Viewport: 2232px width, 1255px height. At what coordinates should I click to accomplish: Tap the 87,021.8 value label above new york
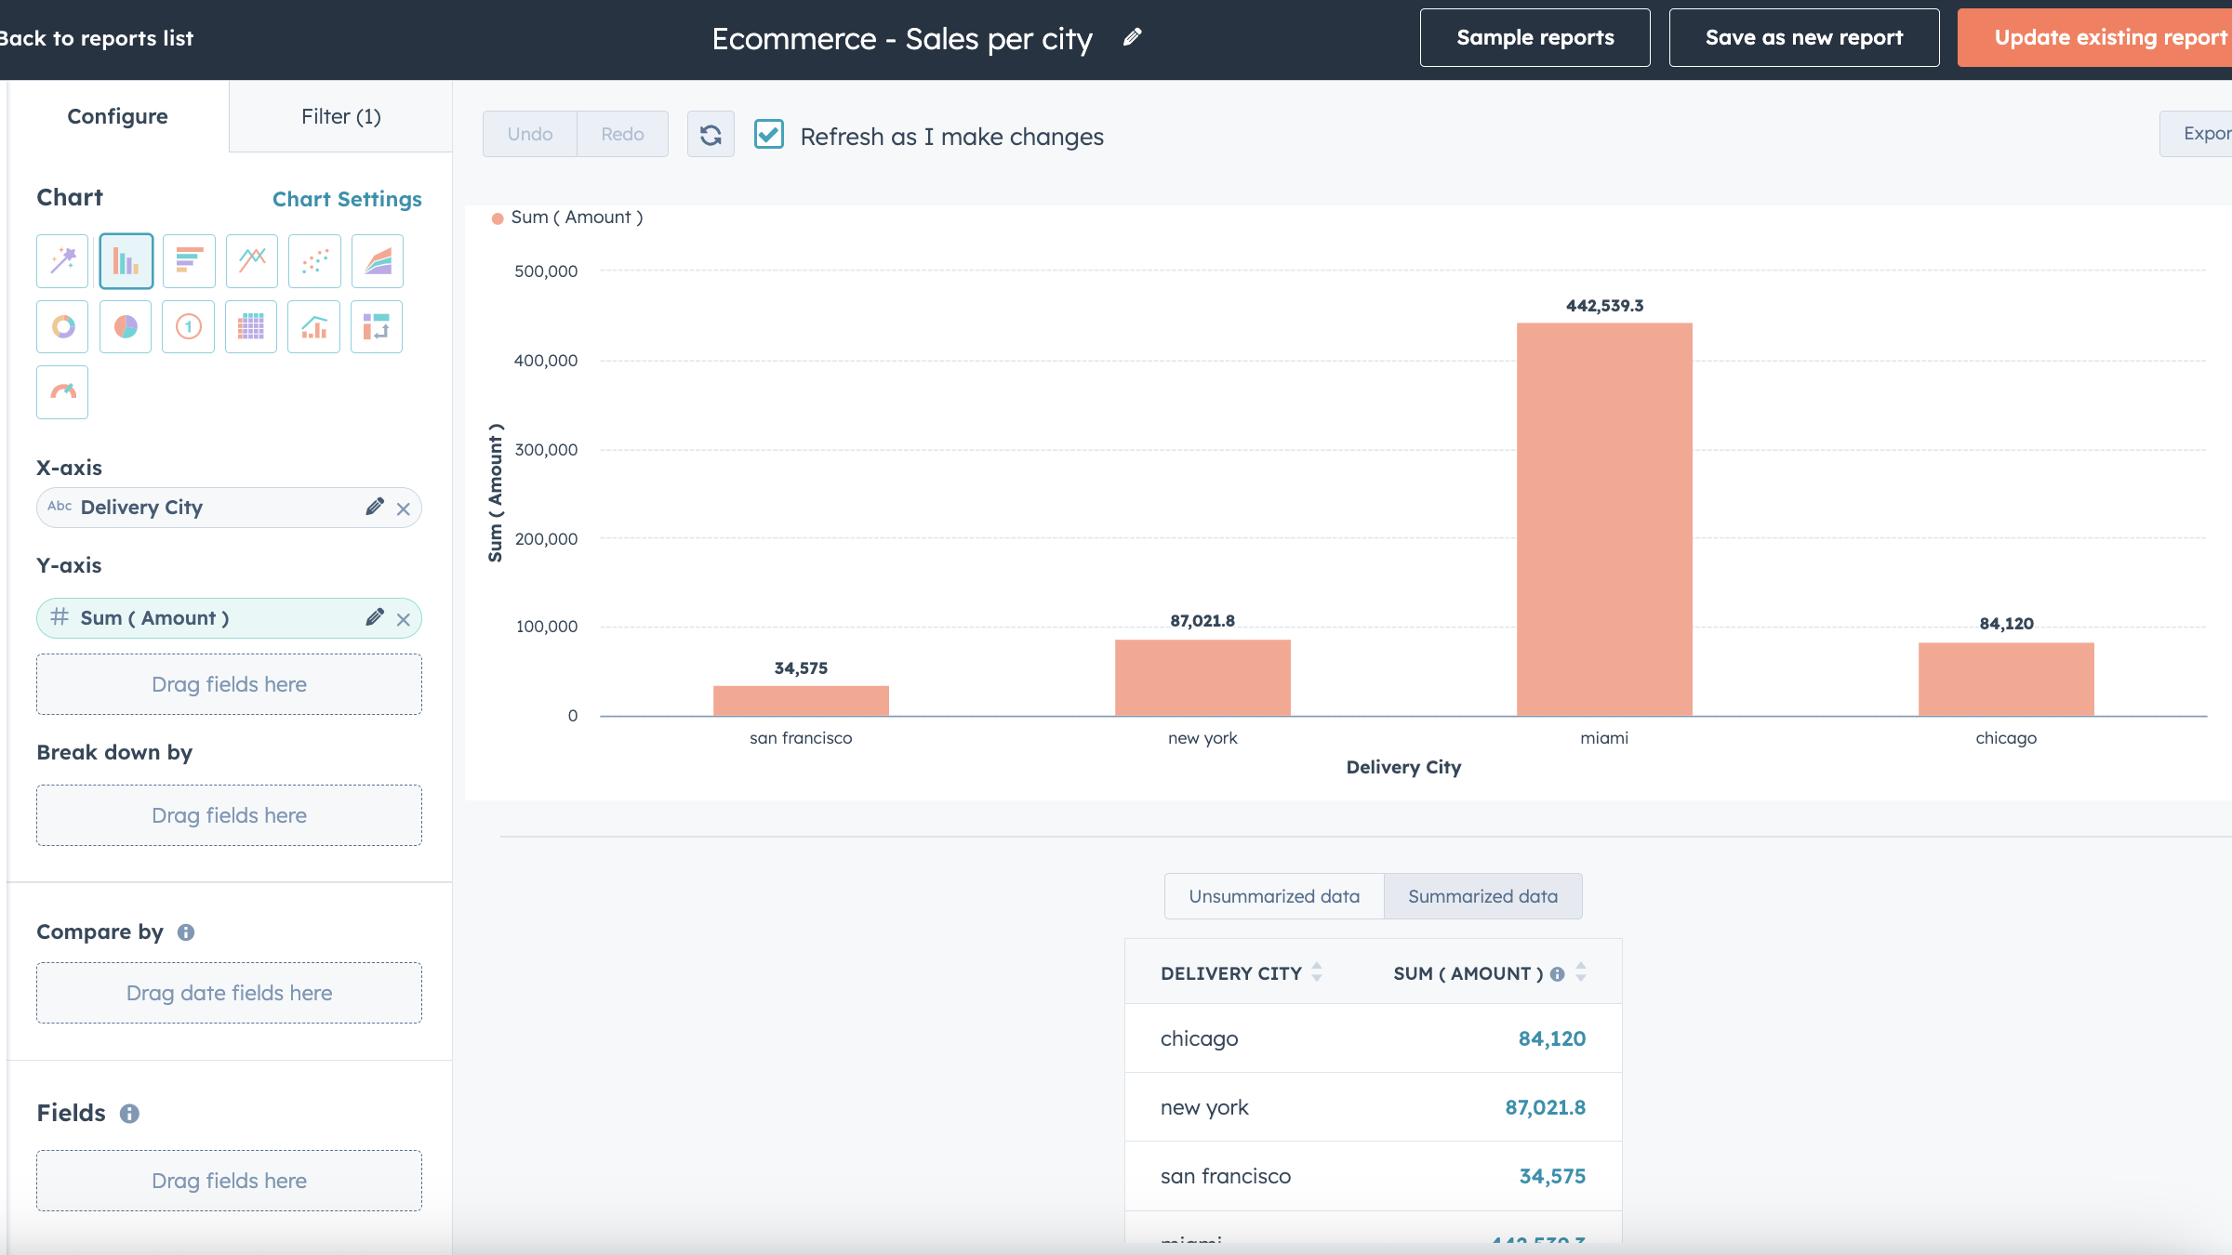tap(1202, 621)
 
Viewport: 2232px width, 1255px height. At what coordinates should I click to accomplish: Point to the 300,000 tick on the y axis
tap(546, 450)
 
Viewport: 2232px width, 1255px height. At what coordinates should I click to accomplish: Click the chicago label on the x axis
tap(2006, 738)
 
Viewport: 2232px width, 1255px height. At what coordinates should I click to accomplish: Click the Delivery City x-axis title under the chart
tap(1403, 767)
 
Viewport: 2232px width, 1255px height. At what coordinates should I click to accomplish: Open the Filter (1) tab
tap(340, 116)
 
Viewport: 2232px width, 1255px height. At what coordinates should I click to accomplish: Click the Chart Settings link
tap(347, 199)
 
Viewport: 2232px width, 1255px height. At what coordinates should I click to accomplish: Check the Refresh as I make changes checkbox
tap(769, 135)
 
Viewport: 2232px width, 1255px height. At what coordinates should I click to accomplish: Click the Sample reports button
tap(1534, 38)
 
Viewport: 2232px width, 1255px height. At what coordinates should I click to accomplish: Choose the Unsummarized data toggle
tap(1273, 896)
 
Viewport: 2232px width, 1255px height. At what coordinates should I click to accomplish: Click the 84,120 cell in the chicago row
tap(1551, 1038)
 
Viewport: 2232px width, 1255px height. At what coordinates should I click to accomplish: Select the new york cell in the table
tap(1204, 1107)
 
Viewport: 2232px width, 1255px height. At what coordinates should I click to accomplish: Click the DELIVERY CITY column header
tap(1230, 973)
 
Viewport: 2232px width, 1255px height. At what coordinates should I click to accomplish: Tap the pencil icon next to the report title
tap(1132, 37)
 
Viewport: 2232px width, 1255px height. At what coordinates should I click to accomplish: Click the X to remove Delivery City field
tap(403, 509)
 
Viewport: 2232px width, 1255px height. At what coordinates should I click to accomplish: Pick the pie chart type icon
tap(126, 326)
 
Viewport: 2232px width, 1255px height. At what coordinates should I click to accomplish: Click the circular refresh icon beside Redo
tap(711, 135)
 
